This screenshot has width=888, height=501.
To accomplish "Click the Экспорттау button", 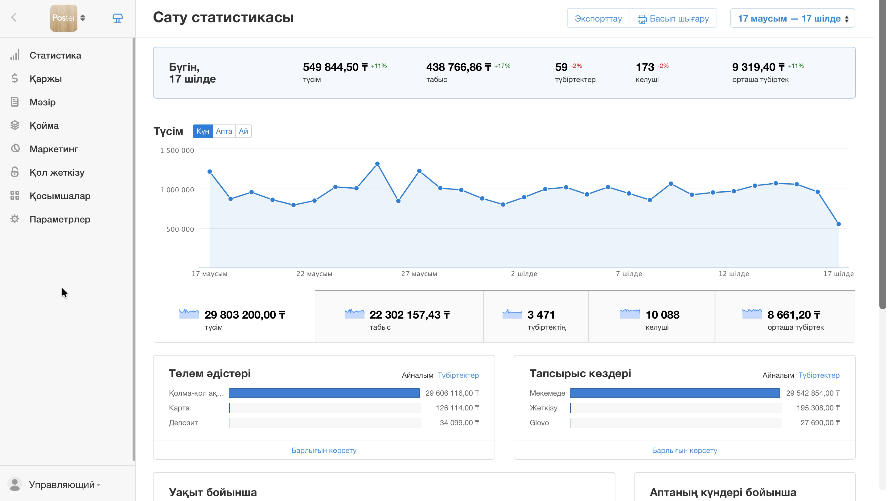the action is [x=598, y=18].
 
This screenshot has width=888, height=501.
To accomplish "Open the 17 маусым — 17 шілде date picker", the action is [x=792, y=18].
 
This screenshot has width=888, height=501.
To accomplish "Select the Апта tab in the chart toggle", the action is [x=224, y=131].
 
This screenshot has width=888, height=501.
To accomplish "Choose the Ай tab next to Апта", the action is [x=243, y=131].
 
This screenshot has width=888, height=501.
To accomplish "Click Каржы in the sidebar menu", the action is [x=46, y=79].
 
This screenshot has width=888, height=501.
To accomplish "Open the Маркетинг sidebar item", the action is [x=54, y=149].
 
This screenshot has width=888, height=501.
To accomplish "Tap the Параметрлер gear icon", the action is [x=15, y=219].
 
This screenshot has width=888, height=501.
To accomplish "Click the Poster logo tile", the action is [x=64, y=18].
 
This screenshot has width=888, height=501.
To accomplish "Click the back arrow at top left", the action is [x=14, y=18].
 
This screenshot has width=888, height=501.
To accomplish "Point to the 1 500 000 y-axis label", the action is [x=177, y=150].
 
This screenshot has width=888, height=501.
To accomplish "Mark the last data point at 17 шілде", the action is [x=838, y=224].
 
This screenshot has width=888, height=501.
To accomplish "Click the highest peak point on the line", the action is [x=377, y=164].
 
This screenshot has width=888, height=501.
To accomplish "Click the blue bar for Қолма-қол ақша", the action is [x=324, y=393].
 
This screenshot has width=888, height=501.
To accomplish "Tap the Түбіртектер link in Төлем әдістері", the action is [x=458, y=375].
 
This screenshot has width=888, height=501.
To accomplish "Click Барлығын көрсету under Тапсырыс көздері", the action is [x=684, y=450].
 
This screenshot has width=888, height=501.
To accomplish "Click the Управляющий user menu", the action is [x=62, y=484].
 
